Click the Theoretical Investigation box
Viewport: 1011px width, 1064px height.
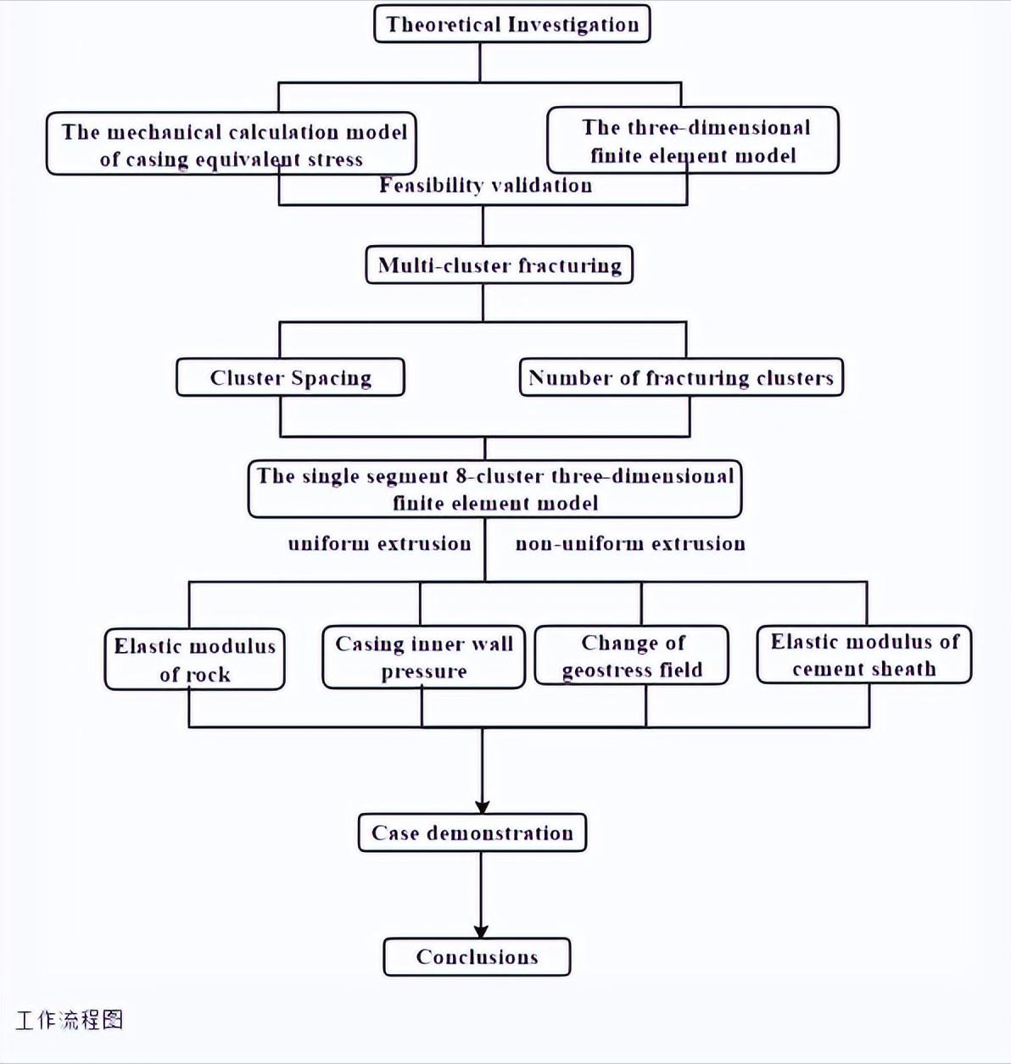point(511,24)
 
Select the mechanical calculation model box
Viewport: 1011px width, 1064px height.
point(232,144)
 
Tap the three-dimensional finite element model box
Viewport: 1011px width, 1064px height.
point(693,141)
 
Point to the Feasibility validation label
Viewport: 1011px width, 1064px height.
point(485,186)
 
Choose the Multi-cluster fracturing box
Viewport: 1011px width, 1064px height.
point(499,265)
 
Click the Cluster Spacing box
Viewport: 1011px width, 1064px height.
point(290,377)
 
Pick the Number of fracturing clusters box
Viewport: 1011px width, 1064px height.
point(681,377)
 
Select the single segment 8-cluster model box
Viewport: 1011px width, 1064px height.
point(495,489)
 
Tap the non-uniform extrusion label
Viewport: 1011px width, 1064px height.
point(630,543)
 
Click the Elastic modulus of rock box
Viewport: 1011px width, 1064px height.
point(194,660)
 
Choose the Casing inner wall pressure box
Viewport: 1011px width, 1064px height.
point(424,657)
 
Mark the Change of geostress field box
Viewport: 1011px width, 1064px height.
point(632,655)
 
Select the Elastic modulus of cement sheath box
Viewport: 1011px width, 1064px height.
point(864,655)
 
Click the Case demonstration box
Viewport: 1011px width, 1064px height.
point(472,833)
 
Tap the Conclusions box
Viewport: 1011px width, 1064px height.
point(477,957)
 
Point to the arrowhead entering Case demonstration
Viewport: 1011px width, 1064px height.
point(482,806)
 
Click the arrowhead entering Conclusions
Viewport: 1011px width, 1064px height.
point(481,930)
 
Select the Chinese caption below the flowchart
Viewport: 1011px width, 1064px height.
point(70,1019)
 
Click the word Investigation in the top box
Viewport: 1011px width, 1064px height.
point(574,24)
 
